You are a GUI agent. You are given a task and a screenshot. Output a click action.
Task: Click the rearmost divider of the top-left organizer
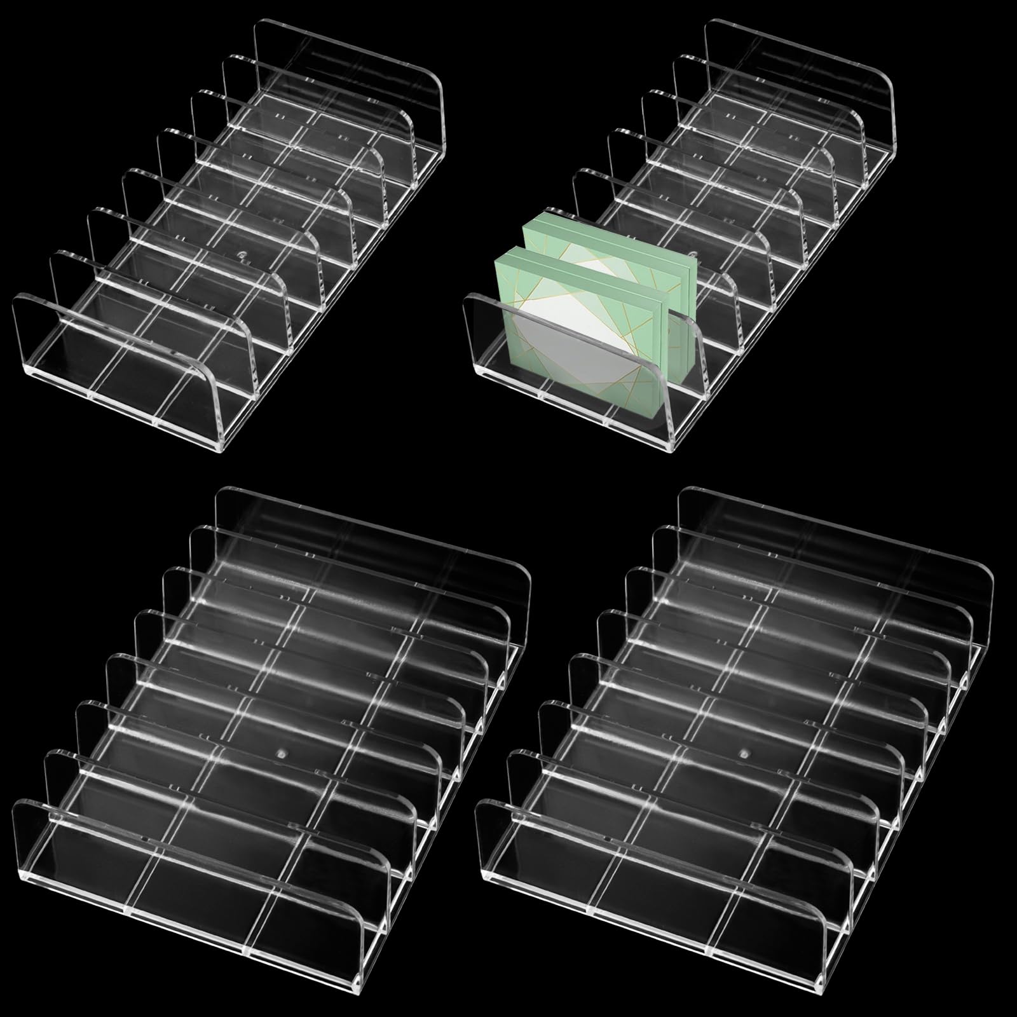click(x=350, y=76)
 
